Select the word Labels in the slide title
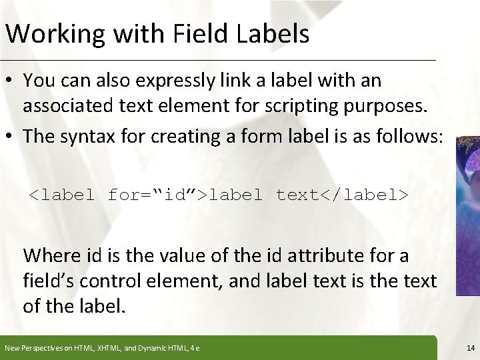[273, 33]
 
